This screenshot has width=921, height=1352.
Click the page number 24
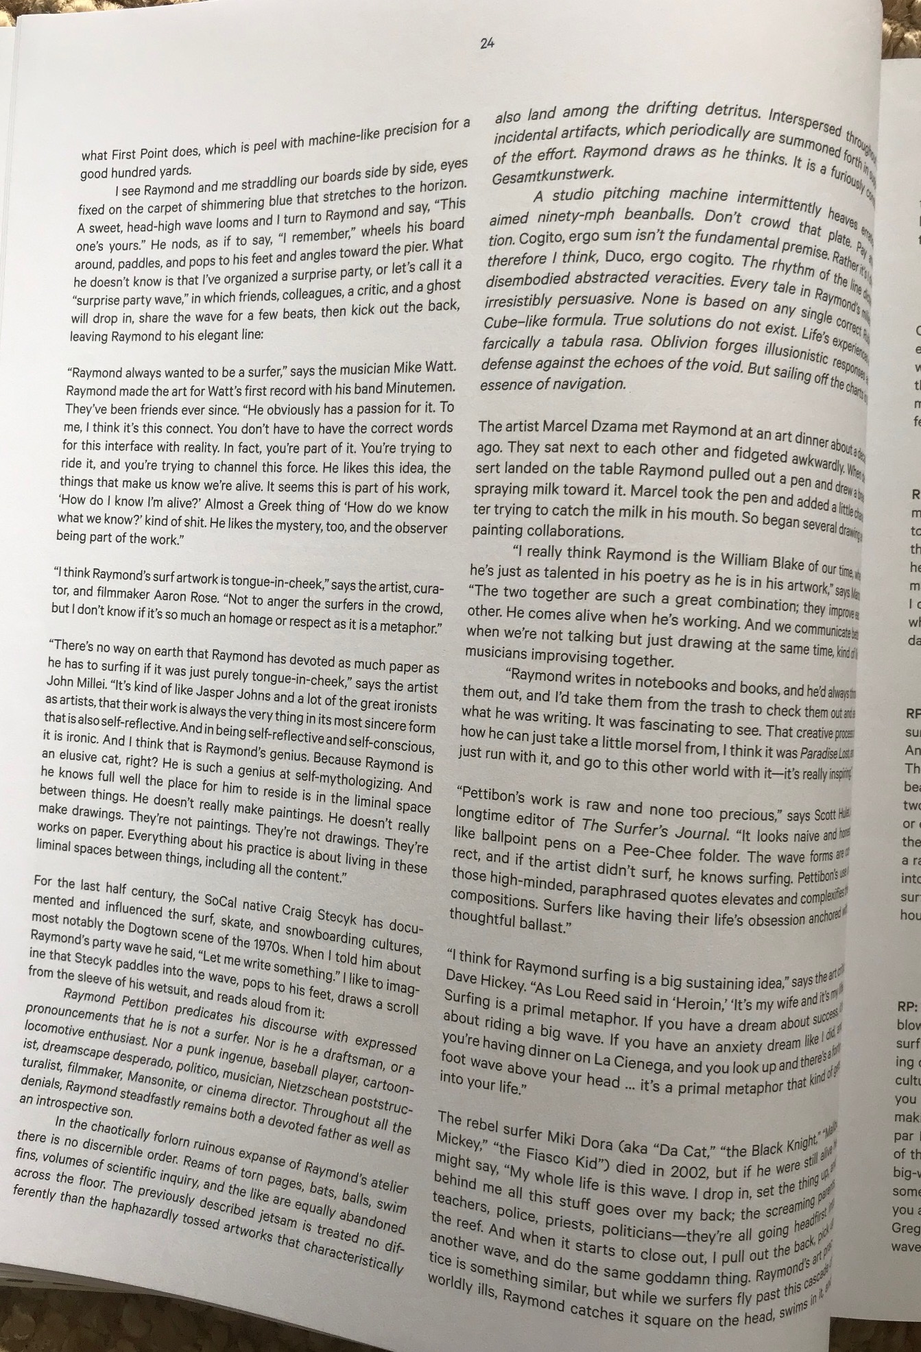click(x=487, y=43)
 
